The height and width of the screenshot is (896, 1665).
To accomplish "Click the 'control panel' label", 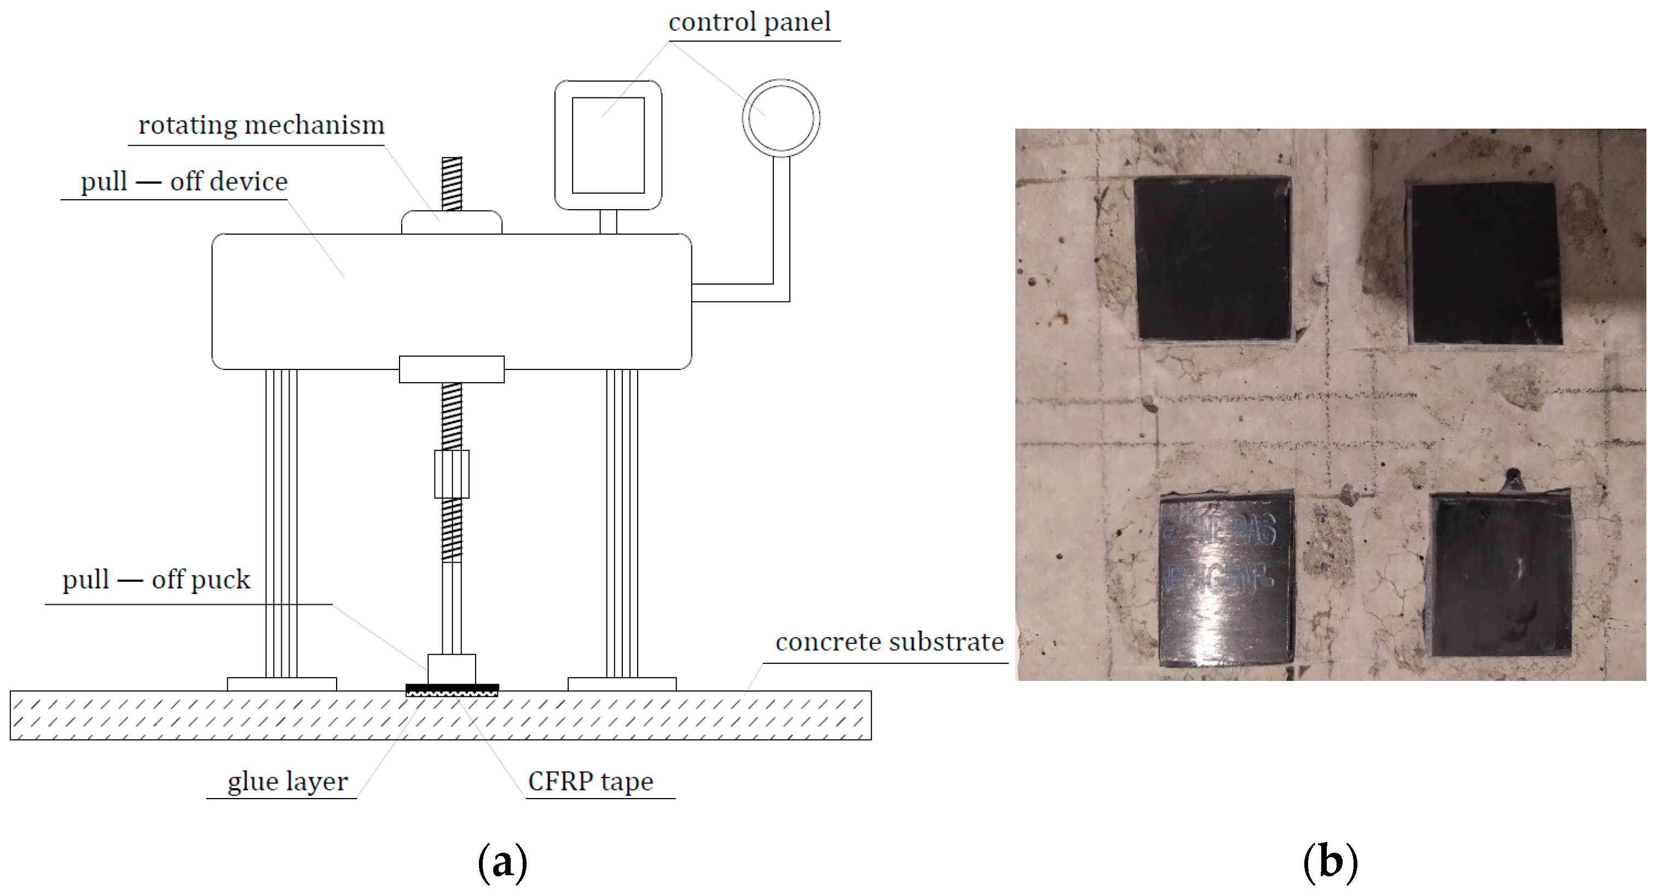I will click(x=749, y=22).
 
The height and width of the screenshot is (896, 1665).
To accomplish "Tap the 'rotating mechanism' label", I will click(x=261, y=125).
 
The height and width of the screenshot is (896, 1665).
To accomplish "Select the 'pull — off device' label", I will click(x=183, y=182).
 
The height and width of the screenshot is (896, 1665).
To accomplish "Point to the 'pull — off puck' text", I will click(x=156, y=580).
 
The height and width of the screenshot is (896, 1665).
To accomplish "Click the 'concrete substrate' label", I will click(x=889, y=642).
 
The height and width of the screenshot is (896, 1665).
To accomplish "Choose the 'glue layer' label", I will click(x=288, y=782).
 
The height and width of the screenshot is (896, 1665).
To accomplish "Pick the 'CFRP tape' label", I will click(x=590, y=782).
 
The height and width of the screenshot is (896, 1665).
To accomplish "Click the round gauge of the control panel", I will click(x=781, y=119).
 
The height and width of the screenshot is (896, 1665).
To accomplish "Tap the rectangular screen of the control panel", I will click(x=608, y=145).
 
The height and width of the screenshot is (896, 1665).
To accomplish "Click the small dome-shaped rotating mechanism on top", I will click(x=451, y=222).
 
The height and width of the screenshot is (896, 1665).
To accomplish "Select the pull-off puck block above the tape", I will click(x=451, y=668).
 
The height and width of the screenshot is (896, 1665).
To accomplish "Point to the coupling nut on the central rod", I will click(x=451, y=474).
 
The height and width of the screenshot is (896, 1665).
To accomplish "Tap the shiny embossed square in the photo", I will click(x=1226, y=580).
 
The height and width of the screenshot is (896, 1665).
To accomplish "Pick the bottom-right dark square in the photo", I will click(x=1501, y=575).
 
